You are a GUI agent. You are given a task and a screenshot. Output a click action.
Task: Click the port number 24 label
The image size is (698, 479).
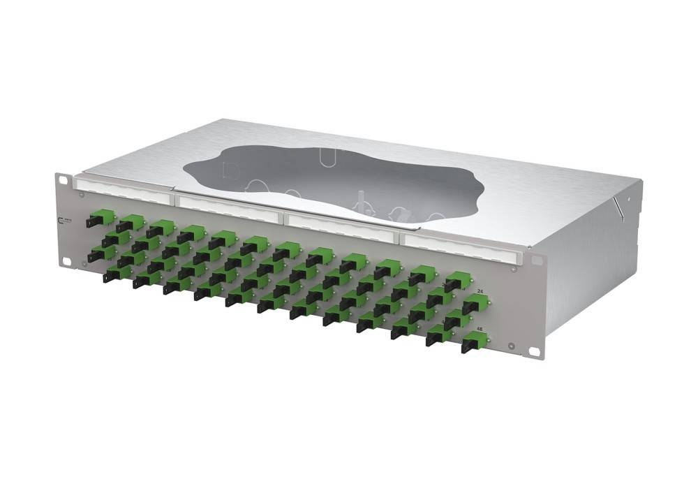480,290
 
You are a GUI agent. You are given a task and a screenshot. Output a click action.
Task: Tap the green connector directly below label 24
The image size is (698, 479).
475,303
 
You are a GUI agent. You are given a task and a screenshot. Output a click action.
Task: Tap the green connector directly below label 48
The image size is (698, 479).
474,341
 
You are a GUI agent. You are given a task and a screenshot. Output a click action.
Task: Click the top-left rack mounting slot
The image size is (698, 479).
64,180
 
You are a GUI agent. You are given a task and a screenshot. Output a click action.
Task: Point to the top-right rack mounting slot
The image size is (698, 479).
537,260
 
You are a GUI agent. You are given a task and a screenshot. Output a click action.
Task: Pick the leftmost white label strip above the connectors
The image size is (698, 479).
122,189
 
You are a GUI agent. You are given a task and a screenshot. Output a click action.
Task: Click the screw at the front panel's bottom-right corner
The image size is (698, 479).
512,347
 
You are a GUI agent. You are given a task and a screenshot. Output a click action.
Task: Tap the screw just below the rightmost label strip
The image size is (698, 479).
514,268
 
